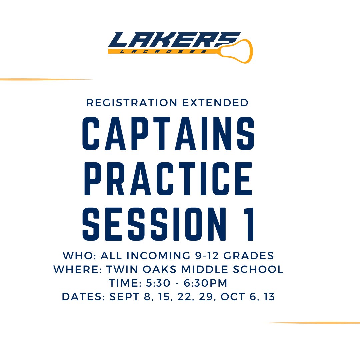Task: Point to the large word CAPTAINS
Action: click(168, 133)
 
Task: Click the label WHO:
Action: click(79, 256)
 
